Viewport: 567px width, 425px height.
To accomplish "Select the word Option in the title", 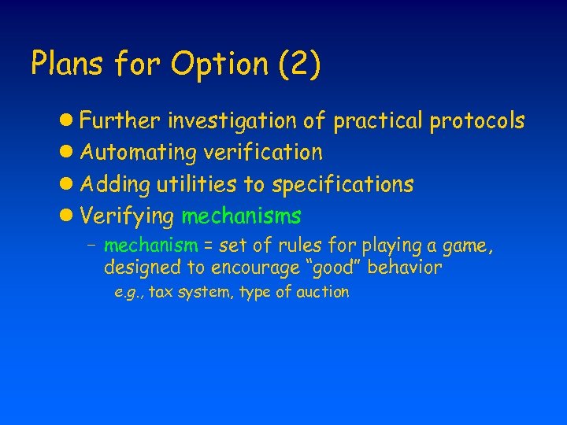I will [220, 65].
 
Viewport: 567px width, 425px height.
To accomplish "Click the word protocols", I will [477, 120].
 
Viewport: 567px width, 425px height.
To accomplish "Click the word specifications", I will [343, 183].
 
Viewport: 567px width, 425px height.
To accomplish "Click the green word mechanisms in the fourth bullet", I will [242, 215].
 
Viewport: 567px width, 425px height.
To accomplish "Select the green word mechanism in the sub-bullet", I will [150, 246].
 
